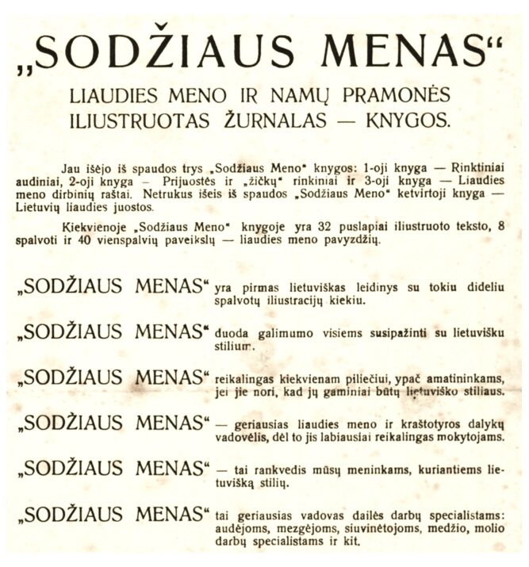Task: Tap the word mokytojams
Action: tap(474, 435)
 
